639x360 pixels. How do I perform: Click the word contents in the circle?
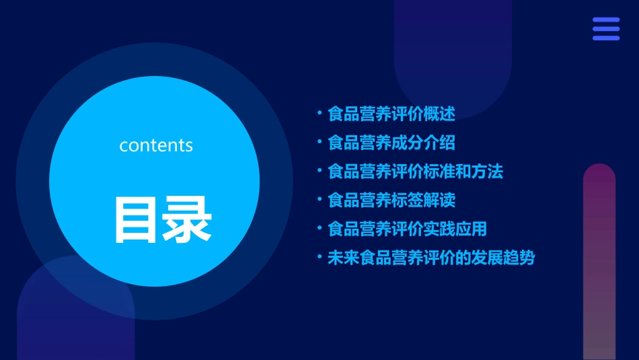point(156,145)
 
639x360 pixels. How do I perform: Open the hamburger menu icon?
point(605,29)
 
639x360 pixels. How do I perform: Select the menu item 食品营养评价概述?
point(391,114)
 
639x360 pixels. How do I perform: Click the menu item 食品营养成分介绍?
point(391,143)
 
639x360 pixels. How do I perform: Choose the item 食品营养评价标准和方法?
point(415,172)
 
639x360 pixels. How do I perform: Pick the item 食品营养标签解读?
point(391,201)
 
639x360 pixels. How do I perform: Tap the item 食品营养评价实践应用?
point(407,229)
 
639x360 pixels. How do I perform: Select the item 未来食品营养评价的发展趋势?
point(431,258)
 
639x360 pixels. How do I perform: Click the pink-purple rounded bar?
point(599,262)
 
